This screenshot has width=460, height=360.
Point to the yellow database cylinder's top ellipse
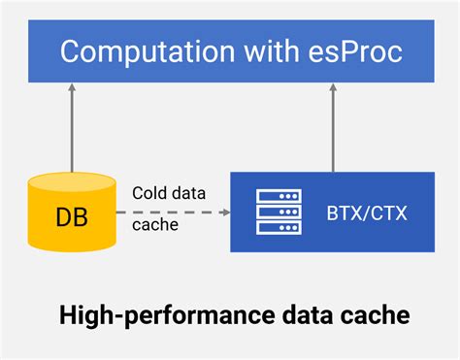pos(72,180)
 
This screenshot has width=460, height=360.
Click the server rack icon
pos(279,210)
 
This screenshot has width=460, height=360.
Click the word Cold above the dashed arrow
pos(149,193)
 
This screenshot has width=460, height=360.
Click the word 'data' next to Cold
pos(189,193)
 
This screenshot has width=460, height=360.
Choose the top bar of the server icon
pos(279,195)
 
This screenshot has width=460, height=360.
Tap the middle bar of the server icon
pos(279,210)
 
